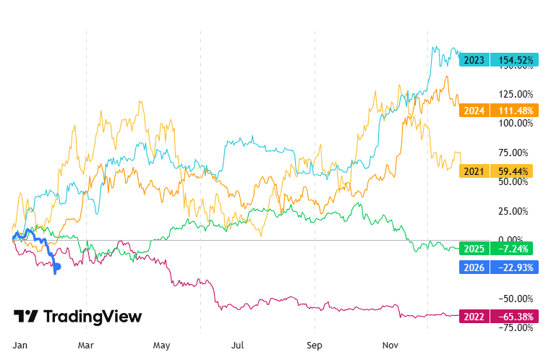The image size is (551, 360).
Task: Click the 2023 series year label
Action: pos(474,60)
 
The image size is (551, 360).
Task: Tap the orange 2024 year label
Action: pos(474,111)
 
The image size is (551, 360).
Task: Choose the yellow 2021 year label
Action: pos(474,171)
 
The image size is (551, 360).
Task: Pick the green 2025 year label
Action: pos(474,249)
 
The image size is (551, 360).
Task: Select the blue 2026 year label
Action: pos(474,267)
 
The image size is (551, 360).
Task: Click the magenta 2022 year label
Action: pos(474,317)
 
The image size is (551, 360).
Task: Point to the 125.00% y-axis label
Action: pos(515,94)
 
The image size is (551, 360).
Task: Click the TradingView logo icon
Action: pos(27,317)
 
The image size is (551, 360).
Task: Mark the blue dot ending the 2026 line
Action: pos(57,267)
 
